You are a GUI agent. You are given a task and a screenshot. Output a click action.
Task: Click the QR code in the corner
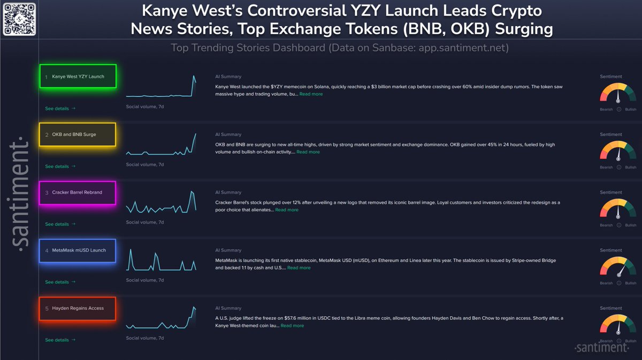19,19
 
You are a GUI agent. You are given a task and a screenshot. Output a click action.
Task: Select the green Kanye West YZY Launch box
78,76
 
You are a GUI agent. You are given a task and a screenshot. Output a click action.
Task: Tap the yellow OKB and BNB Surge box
78,134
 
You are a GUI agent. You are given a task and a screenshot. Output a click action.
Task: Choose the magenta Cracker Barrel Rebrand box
78,193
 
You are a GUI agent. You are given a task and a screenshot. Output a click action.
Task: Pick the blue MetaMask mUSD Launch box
78,250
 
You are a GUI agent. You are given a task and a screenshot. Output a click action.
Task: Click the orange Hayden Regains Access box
78,308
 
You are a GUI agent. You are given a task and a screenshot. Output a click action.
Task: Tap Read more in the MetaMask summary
299,267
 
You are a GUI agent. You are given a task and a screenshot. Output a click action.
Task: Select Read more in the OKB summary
308,152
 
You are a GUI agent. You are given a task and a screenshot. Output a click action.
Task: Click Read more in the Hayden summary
292,326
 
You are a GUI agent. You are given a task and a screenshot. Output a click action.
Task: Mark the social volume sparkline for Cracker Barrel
161,202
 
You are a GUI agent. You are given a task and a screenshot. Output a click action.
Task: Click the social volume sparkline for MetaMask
161,260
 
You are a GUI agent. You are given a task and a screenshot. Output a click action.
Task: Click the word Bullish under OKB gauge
630,167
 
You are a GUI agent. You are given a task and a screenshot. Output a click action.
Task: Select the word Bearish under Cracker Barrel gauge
606,225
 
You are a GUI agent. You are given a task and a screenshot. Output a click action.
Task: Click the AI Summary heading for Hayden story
228,308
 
